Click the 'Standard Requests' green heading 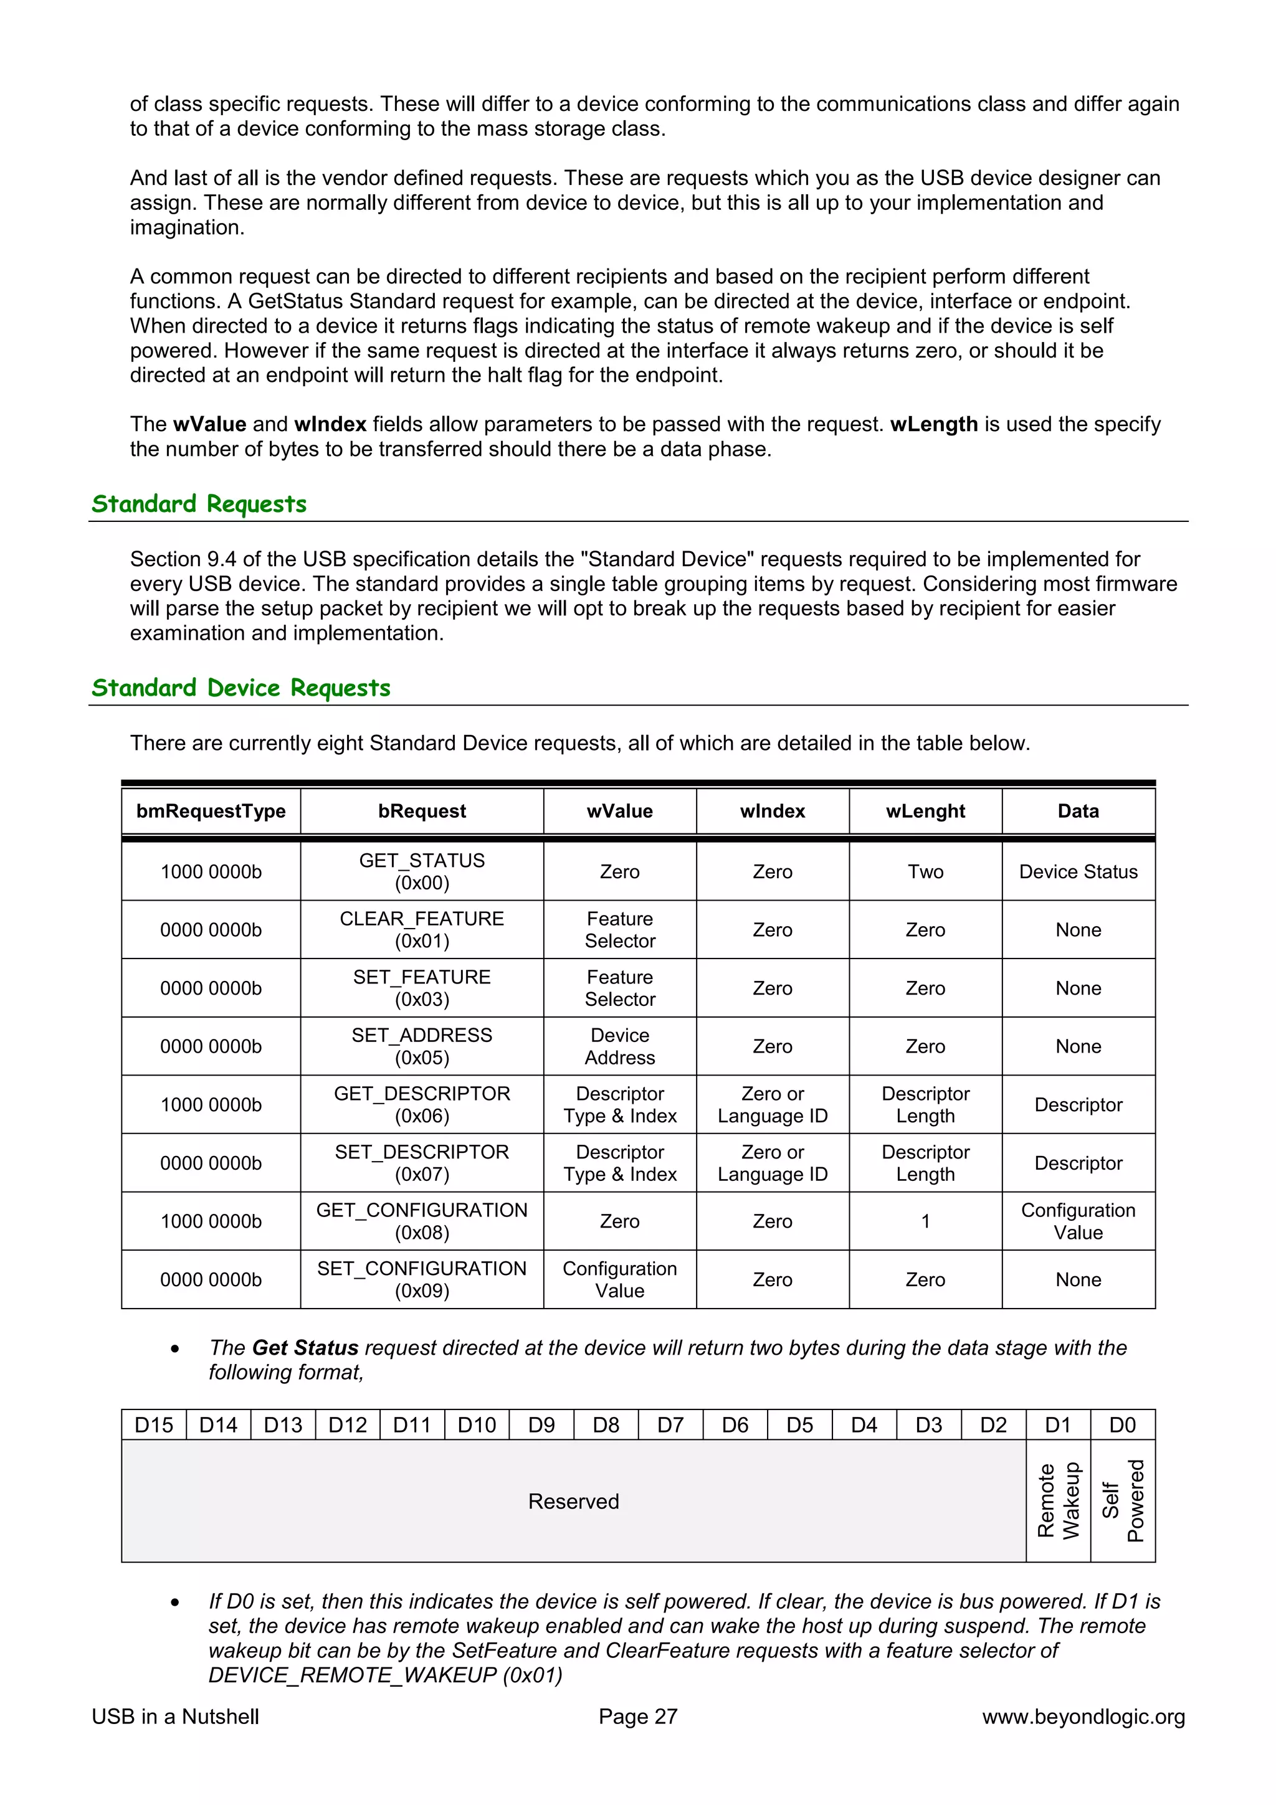[x=199, y=503]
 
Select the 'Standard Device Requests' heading [x=240, y=687]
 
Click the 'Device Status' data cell [x=1078, y=871]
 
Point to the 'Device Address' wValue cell [x=619, y=1046]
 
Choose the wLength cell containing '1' [x=925, y=1221]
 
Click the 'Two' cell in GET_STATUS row [x=925, y=871]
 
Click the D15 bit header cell [x=153, y=1424]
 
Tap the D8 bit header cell [x=606, y=1424]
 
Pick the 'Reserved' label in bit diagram [x=573, y=1501]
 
